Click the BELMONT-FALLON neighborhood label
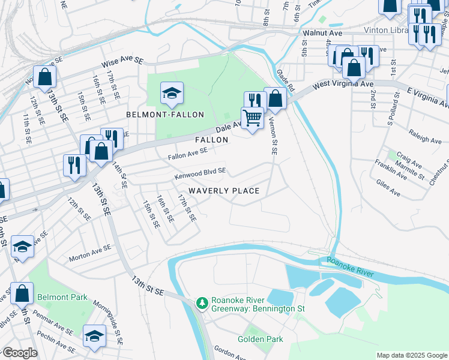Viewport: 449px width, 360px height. pos(165,114)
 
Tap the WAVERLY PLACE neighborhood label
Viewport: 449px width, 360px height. pos(224,191)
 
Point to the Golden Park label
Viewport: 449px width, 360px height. pos(259,339)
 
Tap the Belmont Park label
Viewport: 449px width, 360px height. pos(62,297)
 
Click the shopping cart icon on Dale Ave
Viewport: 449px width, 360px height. pos(253,118)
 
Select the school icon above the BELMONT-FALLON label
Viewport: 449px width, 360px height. pos(172,93)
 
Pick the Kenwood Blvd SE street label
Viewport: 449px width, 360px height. pos(200,173)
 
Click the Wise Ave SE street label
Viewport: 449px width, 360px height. pos(123,61)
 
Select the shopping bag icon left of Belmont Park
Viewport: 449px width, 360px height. pos(22,293)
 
